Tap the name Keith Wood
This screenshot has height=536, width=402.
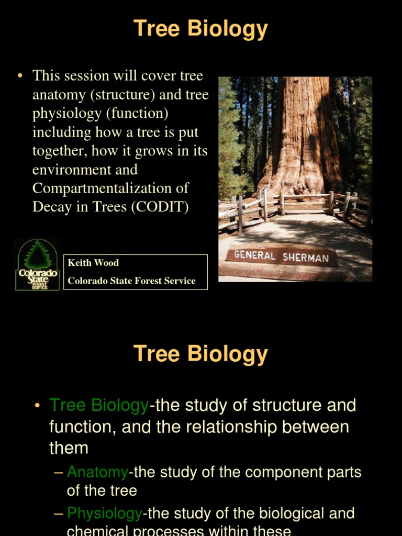[x=93, y=263]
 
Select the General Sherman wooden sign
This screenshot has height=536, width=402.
[x=281, y=257]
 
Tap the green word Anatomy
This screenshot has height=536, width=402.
[x=97, y=472]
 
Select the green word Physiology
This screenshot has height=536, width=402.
[x=105, y=513]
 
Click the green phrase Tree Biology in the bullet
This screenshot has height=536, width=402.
[x=99, y=405]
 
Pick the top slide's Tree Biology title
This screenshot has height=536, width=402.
[x=201, y=29]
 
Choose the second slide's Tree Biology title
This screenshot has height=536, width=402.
[x=201, y=354]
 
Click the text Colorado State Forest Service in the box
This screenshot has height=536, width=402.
[x=131, y=281]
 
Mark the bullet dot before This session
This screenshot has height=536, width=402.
[x=20, y=76]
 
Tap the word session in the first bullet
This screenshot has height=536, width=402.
[x=89, y=75]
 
